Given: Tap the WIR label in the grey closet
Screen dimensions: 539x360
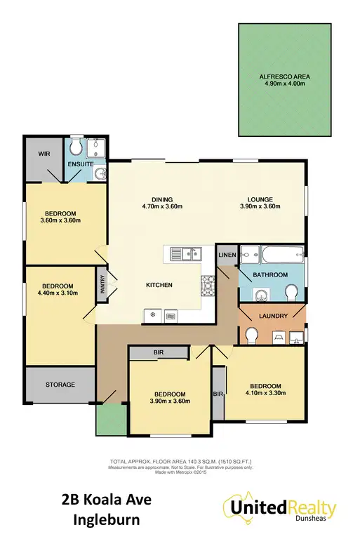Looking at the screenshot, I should [x=43, y=153].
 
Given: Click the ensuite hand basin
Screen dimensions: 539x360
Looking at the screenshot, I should [x=100, y=173].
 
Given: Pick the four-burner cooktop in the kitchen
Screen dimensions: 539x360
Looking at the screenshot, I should [x=208, y=284].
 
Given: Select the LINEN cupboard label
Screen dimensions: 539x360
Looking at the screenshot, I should [x=226, y=254].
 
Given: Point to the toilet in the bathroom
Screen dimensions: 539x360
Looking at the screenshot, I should [x=292, y=292].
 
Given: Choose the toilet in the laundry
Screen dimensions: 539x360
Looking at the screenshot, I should [x=251, y=337].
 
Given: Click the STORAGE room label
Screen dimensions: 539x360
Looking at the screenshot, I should [x=60, y=384].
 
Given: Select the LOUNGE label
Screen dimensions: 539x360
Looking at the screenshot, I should [x=259, y=199].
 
